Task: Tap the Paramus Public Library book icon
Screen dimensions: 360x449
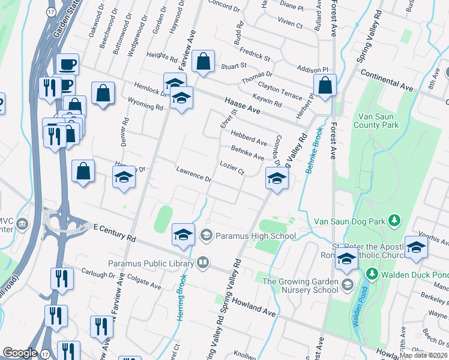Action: (203, 263)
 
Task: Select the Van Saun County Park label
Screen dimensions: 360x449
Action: (378, 121)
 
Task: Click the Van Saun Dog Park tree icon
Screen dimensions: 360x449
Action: (394, 221)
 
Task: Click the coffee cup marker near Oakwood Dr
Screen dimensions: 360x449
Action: (67, 64)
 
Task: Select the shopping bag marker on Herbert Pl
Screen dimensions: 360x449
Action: (325, 85)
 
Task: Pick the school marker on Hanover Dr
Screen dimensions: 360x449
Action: (124, 178)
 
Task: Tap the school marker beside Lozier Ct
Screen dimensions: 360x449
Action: (277, 179)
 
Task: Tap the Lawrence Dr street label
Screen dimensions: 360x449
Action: (194, 175)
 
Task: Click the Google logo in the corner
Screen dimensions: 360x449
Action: (20, 353)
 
